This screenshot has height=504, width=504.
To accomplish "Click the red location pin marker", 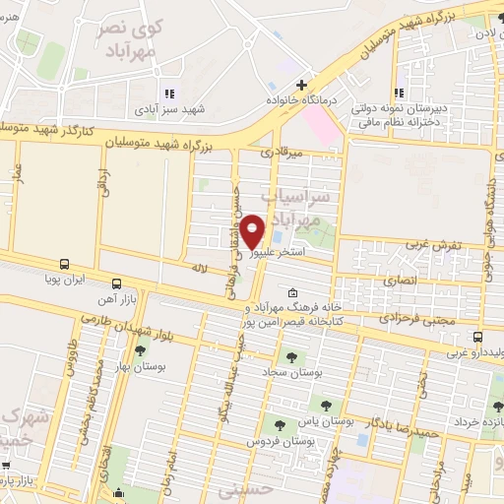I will pos(253,231).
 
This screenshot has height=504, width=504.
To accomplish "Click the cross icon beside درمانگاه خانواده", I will pos(302,85).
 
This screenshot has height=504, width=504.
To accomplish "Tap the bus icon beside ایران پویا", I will pos(64,264).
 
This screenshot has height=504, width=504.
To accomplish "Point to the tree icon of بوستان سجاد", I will pos(290,356).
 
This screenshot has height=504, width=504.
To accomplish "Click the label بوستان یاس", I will pos(330,421).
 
